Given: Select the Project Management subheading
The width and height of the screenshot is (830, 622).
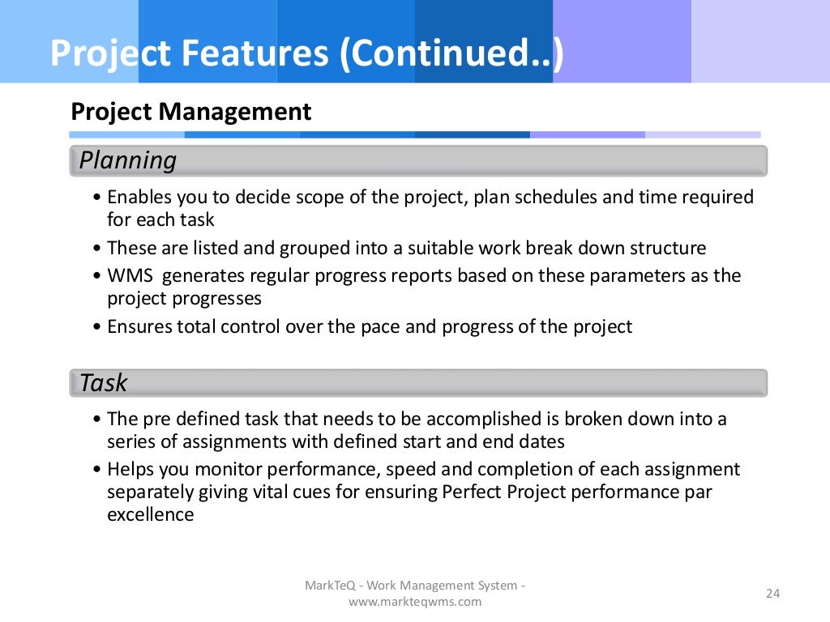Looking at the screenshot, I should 191,112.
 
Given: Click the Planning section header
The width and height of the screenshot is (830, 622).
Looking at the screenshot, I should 128,160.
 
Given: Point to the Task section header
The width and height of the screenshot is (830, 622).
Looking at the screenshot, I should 104,382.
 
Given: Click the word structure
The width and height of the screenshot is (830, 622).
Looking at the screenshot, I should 665,248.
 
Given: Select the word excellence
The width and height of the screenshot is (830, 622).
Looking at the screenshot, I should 151,514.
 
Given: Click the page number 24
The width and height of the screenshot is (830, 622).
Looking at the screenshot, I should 772,594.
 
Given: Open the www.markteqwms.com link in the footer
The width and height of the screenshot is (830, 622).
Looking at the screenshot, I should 415,602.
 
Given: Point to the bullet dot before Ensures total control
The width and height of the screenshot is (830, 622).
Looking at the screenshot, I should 97,328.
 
